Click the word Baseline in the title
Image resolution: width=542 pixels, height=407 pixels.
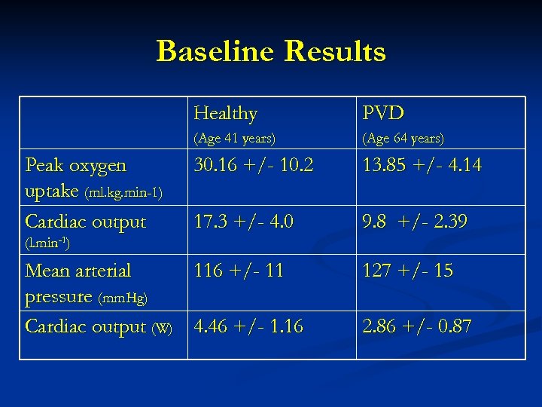216,51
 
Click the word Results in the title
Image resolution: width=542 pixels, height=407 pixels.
335,51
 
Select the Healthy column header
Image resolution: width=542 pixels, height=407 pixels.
225,114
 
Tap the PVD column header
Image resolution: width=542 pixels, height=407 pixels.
383,114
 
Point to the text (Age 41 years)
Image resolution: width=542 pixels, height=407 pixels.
235,139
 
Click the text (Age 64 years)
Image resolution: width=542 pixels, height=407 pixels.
403,139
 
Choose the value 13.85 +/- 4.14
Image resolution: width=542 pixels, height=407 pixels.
422,165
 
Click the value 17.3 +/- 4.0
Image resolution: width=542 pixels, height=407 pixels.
244,222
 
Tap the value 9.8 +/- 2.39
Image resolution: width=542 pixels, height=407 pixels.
415,222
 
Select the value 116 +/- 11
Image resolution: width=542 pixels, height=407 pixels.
238,270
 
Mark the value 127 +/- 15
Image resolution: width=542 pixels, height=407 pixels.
407,270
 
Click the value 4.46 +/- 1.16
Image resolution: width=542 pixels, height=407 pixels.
248,326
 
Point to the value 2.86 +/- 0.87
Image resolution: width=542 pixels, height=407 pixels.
417,326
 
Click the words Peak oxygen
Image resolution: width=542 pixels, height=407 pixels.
76,165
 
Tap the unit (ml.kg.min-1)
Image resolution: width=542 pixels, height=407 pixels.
123,194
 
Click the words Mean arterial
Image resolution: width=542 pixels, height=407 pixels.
78,270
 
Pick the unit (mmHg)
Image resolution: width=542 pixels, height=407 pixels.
123,298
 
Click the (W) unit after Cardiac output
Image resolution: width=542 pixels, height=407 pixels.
162,328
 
